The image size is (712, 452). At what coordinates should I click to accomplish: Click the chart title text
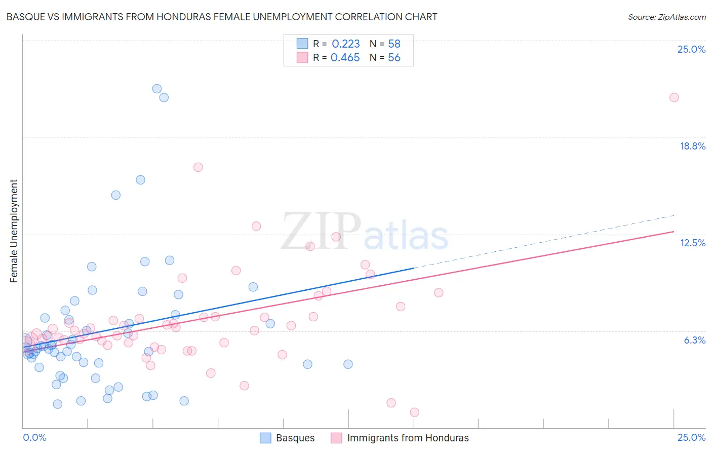pyautogui.click(x=222, y=17)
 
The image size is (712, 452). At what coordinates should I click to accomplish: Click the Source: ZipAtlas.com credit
pyautogui.click(x=666, y=17)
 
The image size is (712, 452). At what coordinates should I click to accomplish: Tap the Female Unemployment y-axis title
pyautogui.click(x=14, y=231)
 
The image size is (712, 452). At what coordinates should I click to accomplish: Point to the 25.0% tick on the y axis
pyautogui.click(x=691, y=49)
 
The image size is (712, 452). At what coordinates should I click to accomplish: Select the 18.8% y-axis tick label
pyautogui.click(x=692, y=146)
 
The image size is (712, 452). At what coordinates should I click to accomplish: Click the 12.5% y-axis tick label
pyautogui.click(x=692, y=243)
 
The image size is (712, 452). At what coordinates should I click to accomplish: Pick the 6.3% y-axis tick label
pyautogui.click(x=694, y=340)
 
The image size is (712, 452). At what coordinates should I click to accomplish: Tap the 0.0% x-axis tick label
pyautogui.click(x=34, y=437)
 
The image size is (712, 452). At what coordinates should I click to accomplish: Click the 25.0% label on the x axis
pyautogui.click(x=691, y=437)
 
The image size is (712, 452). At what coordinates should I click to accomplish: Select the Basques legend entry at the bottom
pyautogui.click(x=288, y=438)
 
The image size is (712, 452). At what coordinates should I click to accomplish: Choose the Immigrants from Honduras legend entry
pyautogui.click(x=400, y=438)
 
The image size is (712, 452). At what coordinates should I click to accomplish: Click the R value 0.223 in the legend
pyautogui.click(x=345, y=44)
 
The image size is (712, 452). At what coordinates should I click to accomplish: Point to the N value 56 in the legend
pyautogui.click(x=394, y=58)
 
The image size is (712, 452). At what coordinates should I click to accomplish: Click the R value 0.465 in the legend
pyautogui.click(x=345, y=58)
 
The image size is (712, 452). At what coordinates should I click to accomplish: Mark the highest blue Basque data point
pyautogui.click(x=157, y=89)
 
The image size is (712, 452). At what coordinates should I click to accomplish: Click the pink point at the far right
pyautogui.click(x=674, y=97)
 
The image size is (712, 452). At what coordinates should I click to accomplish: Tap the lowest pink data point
pyautogui.click(x=414, y=412)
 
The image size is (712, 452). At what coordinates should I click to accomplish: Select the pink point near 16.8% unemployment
pyautogui.click(x=198, y=167)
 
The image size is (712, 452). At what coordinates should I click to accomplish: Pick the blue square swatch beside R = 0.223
pyautogui.click(x=302, y=44)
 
